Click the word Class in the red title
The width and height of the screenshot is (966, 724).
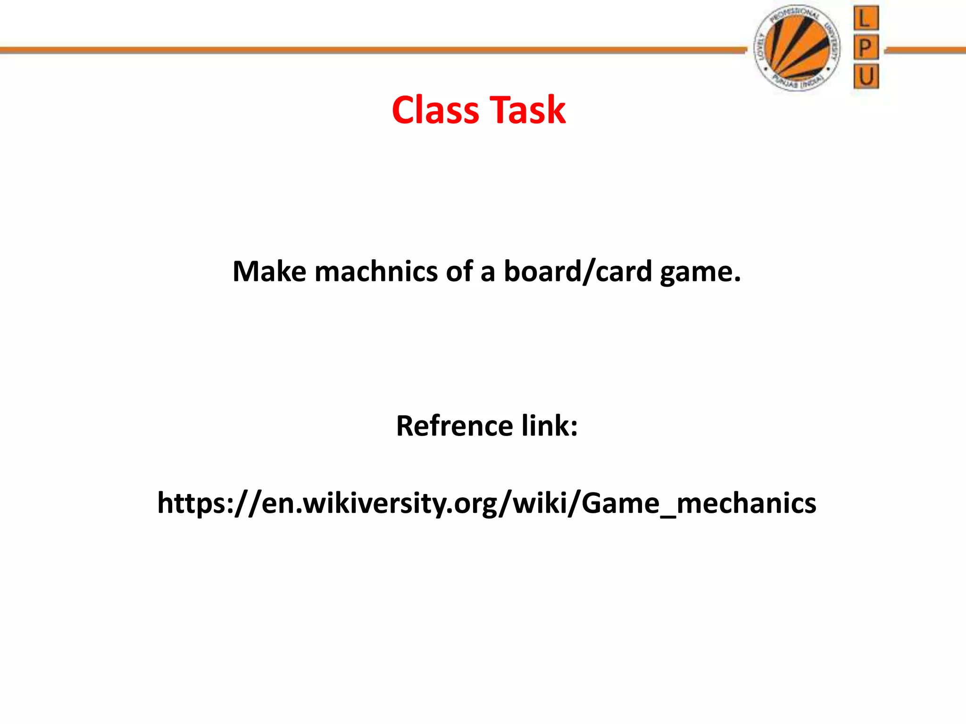pyautogui.click(x=435, y=110)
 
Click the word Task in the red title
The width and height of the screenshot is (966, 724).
pyautogui.click(x=527, y=110)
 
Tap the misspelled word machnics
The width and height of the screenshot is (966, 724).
pyautogui.click(x=376, y=272)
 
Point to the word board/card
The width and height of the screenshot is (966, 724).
pyautogui.click(x=578, y=272)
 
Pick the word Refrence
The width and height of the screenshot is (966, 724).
pyautogui.click(x=454, y=426)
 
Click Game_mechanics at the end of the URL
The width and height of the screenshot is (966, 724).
pyautogui.click(x=699, y=503)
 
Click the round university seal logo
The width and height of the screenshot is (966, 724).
pyautogui.click(x=797, y=48)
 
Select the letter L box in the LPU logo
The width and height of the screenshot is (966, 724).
pyautogui.click(x=866, y=19)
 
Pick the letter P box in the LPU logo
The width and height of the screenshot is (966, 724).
pyautogui.click(x=866, y=48)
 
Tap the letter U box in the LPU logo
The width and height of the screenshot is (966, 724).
pyautogui.click(x=866, y=77)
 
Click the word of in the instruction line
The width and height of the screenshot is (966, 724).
pyautogui.click(x=459, y=272)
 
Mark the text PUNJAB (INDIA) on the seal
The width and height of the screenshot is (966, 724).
pyautogui.click(x=797, y=83)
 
